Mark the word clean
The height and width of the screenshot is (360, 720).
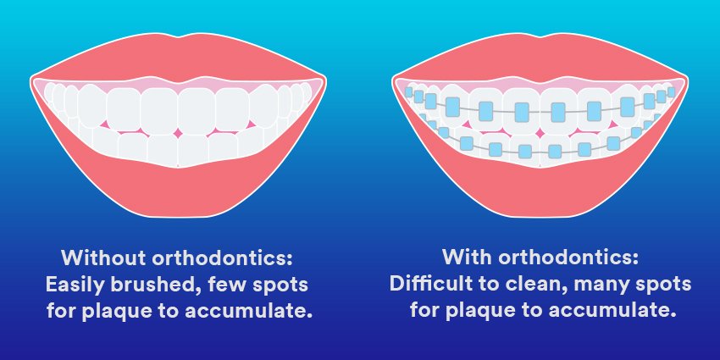pos(543,284)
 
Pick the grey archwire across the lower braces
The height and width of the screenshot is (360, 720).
pos(508,152)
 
